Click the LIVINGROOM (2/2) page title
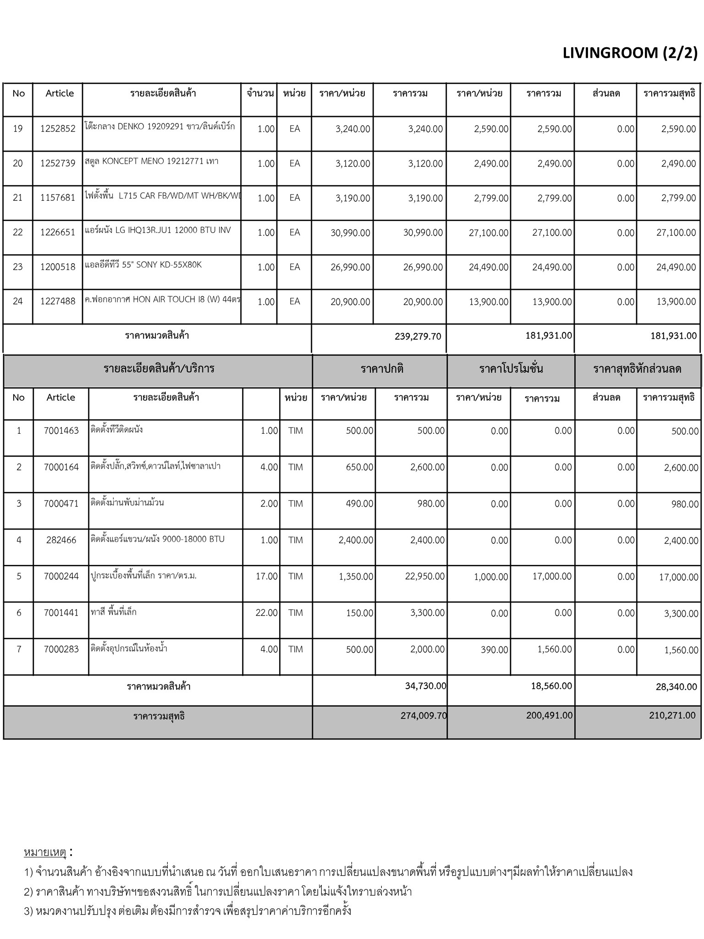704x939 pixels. [x=629, y=53]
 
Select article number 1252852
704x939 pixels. [x=58, y=129]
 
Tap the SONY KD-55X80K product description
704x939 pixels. [x=143, y=265]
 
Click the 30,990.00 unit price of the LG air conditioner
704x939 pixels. [x=350, y=233]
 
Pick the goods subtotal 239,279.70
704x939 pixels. [x=418, y=337]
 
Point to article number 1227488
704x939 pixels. [x=58, y=302]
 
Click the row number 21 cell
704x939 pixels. [x=18, y=198]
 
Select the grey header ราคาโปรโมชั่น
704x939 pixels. [x=511, y=369]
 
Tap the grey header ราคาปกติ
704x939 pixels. [x=382, y=369]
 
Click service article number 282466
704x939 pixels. [x=61, y=540]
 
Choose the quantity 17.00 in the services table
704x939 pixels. [x=267, y=576]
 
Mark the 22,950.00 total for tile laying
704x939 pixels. [x=424, y=576]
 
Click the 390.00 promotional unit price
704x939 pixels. [x=494, y=650]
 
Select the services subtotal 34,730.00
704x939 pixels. [x=425, y=686]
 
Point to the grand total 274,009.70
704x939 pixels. [x=423, y=715]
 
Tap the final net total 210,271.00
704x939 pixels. [x=672, y=715]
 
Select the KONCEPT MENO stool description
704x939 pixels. [x=152, y=161]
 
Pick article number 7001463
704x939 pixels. [x=61, y=431]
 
